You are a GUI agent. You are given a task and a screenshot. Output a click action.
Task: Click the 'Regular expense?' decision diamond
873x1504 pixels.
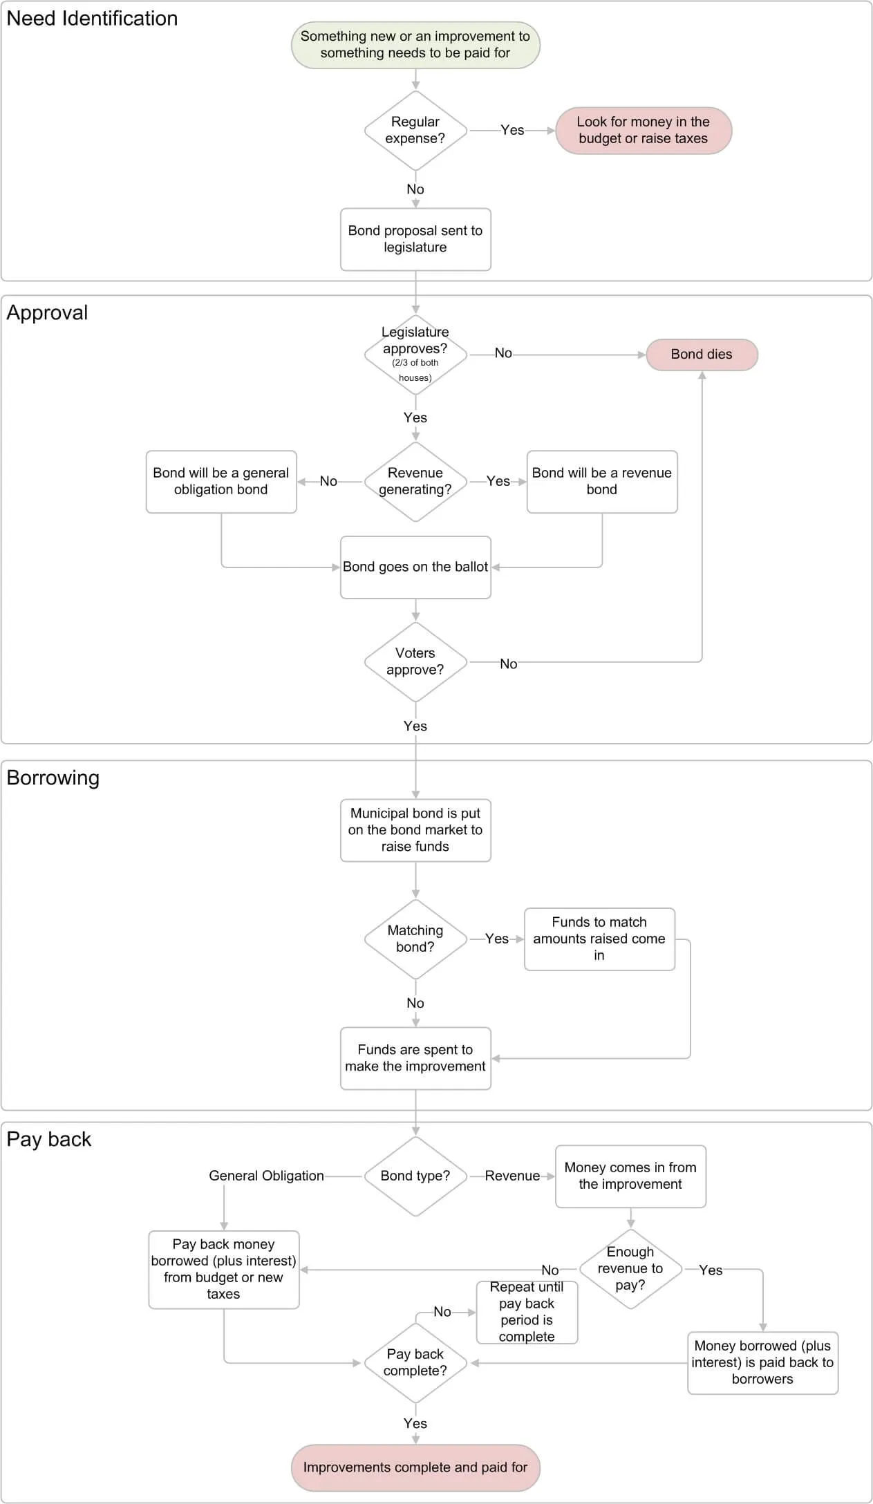[x=415, y=131]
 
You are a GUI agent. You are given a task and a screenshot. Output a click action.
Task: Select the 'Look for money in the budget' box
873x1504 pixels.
[x=644, y=131]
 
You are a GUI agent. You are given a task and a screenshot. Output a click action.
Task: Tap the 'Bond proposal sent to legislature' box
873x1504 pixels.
[x=415, y=239]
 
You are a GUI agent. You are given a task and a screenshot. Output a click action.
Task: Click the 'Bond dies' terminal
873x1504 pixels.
[x=702, y=355]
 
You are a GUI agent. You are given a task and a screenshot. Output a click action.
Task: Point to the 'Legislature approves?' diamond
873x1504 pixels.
[x=415, y=355]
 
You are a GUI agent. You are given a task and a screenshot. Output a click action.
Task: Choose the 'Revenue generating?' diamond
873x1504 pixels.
[x=415, y=482]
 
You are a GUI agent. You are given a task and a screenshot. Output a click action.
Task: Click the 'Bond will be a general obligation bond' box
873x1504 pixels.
[x=221, y=482]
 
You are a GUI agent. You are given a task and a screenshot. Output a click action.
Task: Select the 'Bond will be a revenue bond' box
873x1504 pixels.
[x=602, y=482]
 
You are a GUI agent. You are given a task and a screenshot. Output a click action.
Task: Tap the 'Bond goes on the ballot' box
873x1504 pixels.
[x=415, y=567]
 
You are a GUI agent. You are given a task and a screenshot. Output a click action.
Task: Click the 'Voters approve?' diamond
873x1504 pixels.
[x=415, y=662]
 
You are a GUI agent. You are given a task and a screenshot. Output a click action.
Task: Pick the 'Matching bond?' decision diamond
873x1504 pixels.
[x=415, y=939]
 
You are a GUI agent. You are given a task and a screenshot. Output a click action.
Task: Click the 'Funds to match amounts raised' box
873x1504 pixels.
[x=599, y=939]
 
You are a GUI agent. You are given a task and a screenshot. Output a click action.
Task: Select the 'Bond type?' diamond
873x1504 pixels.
[x=415, y=1176]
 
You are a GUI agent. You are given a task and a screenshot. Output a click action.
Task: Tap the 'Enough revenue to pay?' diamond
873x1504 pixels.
[x=630, y=1269]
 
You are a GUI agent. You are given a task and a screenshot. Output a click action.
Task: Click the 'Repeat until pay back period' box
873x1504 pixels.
[x=527, y=1312]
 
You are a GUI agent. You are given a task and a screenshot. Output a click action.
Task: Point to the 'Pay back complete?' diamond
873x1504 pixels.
[x=415, y=1363]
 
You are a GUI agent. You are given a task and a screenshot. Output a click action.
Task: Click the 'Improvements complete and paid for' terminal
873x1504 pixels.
[x=415, y=1467]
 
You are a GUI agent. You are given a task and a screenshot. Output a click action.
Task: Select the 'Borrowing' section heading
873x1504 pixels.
[x=53, y=778]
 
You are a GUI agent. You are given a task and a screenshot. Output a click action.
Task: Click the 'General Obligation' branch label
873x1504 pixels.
[x=266, y=1176]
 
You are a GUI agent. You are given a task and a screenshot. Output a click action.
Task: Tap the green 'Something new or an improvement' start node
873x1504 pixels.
[x=415, y=45]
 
